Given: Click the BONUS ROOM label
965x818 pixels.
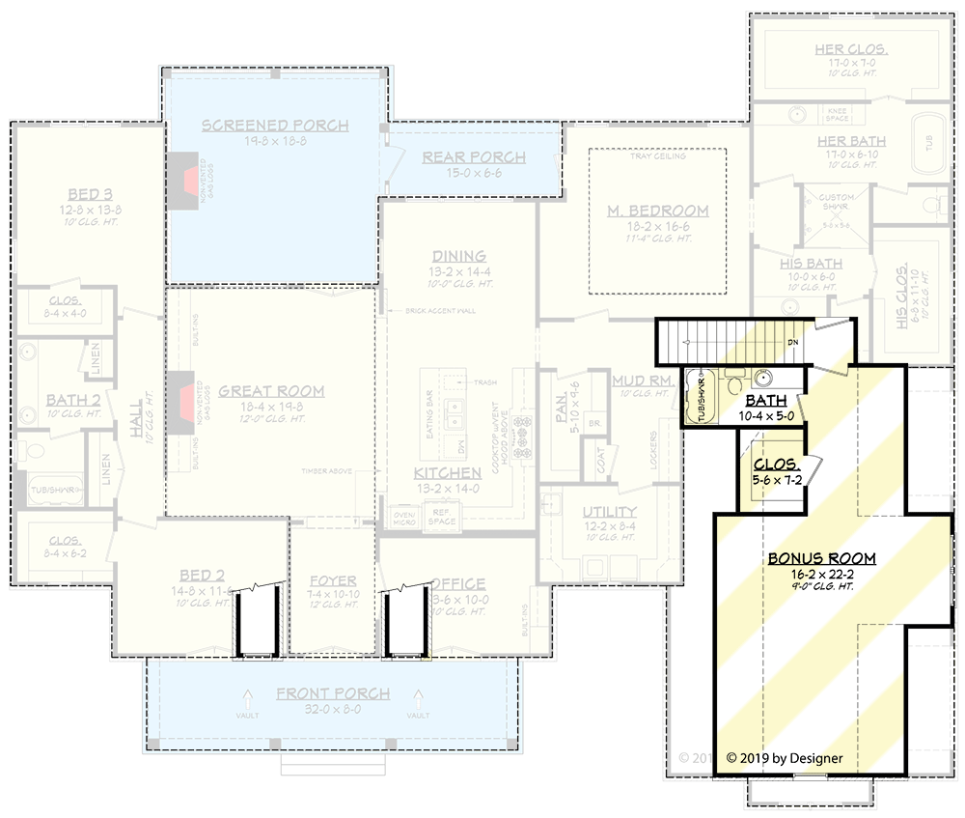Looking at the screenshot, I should pos(821,558).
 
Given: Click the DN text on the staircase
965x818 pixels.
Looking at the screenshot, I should pos(792,342).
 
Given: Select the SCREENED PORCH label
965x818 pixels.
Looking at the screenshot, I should pos(275,126).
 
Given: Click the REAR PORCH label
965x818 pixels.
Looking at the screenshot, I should pos(474,157).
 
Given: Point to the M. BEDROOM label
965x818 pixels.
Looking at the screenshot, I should pos(658,211).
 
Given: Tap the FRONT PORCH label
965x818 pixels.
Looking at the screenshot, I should pos(333,693).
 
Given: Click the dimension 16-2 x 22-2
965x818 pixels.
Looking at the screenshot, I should pos(821,574).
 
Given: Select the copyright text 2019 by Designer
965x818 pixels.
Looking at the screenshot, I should pos(784,758).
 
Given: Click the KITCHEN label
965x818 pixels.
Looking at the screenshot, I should pos(447,473).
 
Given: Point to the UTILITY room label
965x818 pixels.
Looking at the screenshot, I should pos(609,511).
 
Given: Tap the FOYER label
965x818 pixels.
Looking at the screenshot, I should pos(333,581).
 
